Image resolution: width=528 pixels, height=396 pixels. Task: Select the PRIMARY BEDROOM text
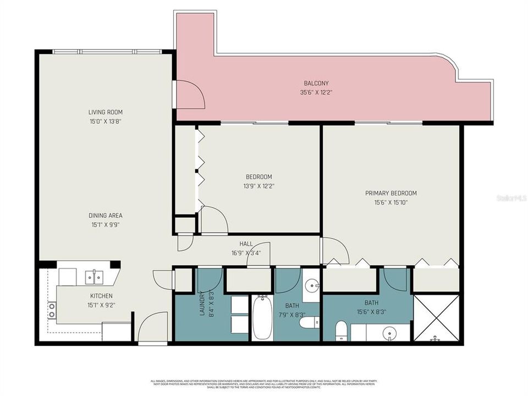pyautogui.click(x=391, y=193)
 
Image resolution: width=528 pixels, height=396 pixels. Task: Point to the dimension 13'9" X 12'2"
pyautogui.click(x=258, y=186)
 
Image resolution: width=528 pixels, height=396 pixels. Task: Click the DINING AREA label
pyautogui.click(x=106, y=216)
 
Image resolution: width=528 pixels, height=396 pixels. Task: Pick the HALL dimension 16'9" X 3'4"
pyautogui.click(x=246, y=253)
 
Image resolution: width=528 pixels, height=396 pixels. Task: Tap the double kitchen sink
pyautogui.click(x=94, y=277)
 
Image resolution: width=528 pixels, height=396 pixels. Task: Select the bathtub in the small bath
pyautogui.click(x=262, y=318)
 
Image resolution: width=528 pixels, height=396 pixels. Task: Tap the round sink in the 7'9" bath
pyautogui.click(x=312, y=285)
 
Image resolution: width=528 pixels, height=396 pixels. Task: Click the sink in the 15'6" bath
pyautogui.click(x=390, y=333)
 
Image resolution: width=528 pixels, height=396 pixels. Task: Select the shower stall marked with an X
pyautogui.click(x=436, y=318)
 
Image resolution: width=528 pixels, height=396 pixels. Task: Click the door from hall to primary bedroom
pyautogui.click(x=334, y=251)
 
